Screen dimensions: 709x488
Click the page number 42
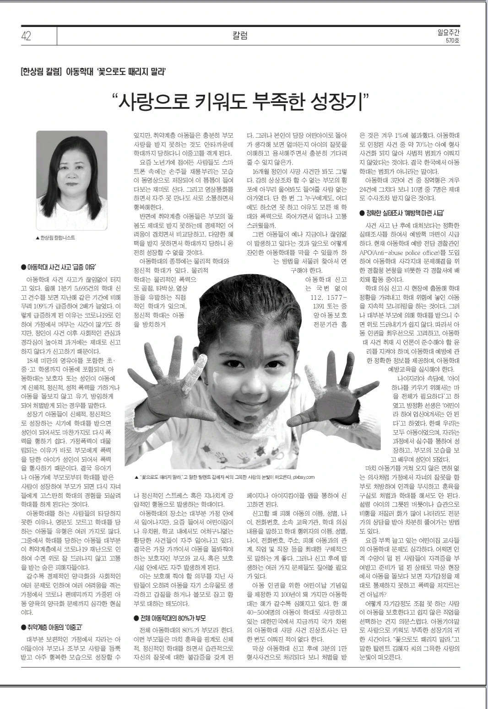26,36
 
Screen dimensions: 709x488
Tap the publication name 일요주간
450,32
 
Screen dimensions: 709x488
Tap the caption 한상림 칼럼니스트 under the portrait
57,238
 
